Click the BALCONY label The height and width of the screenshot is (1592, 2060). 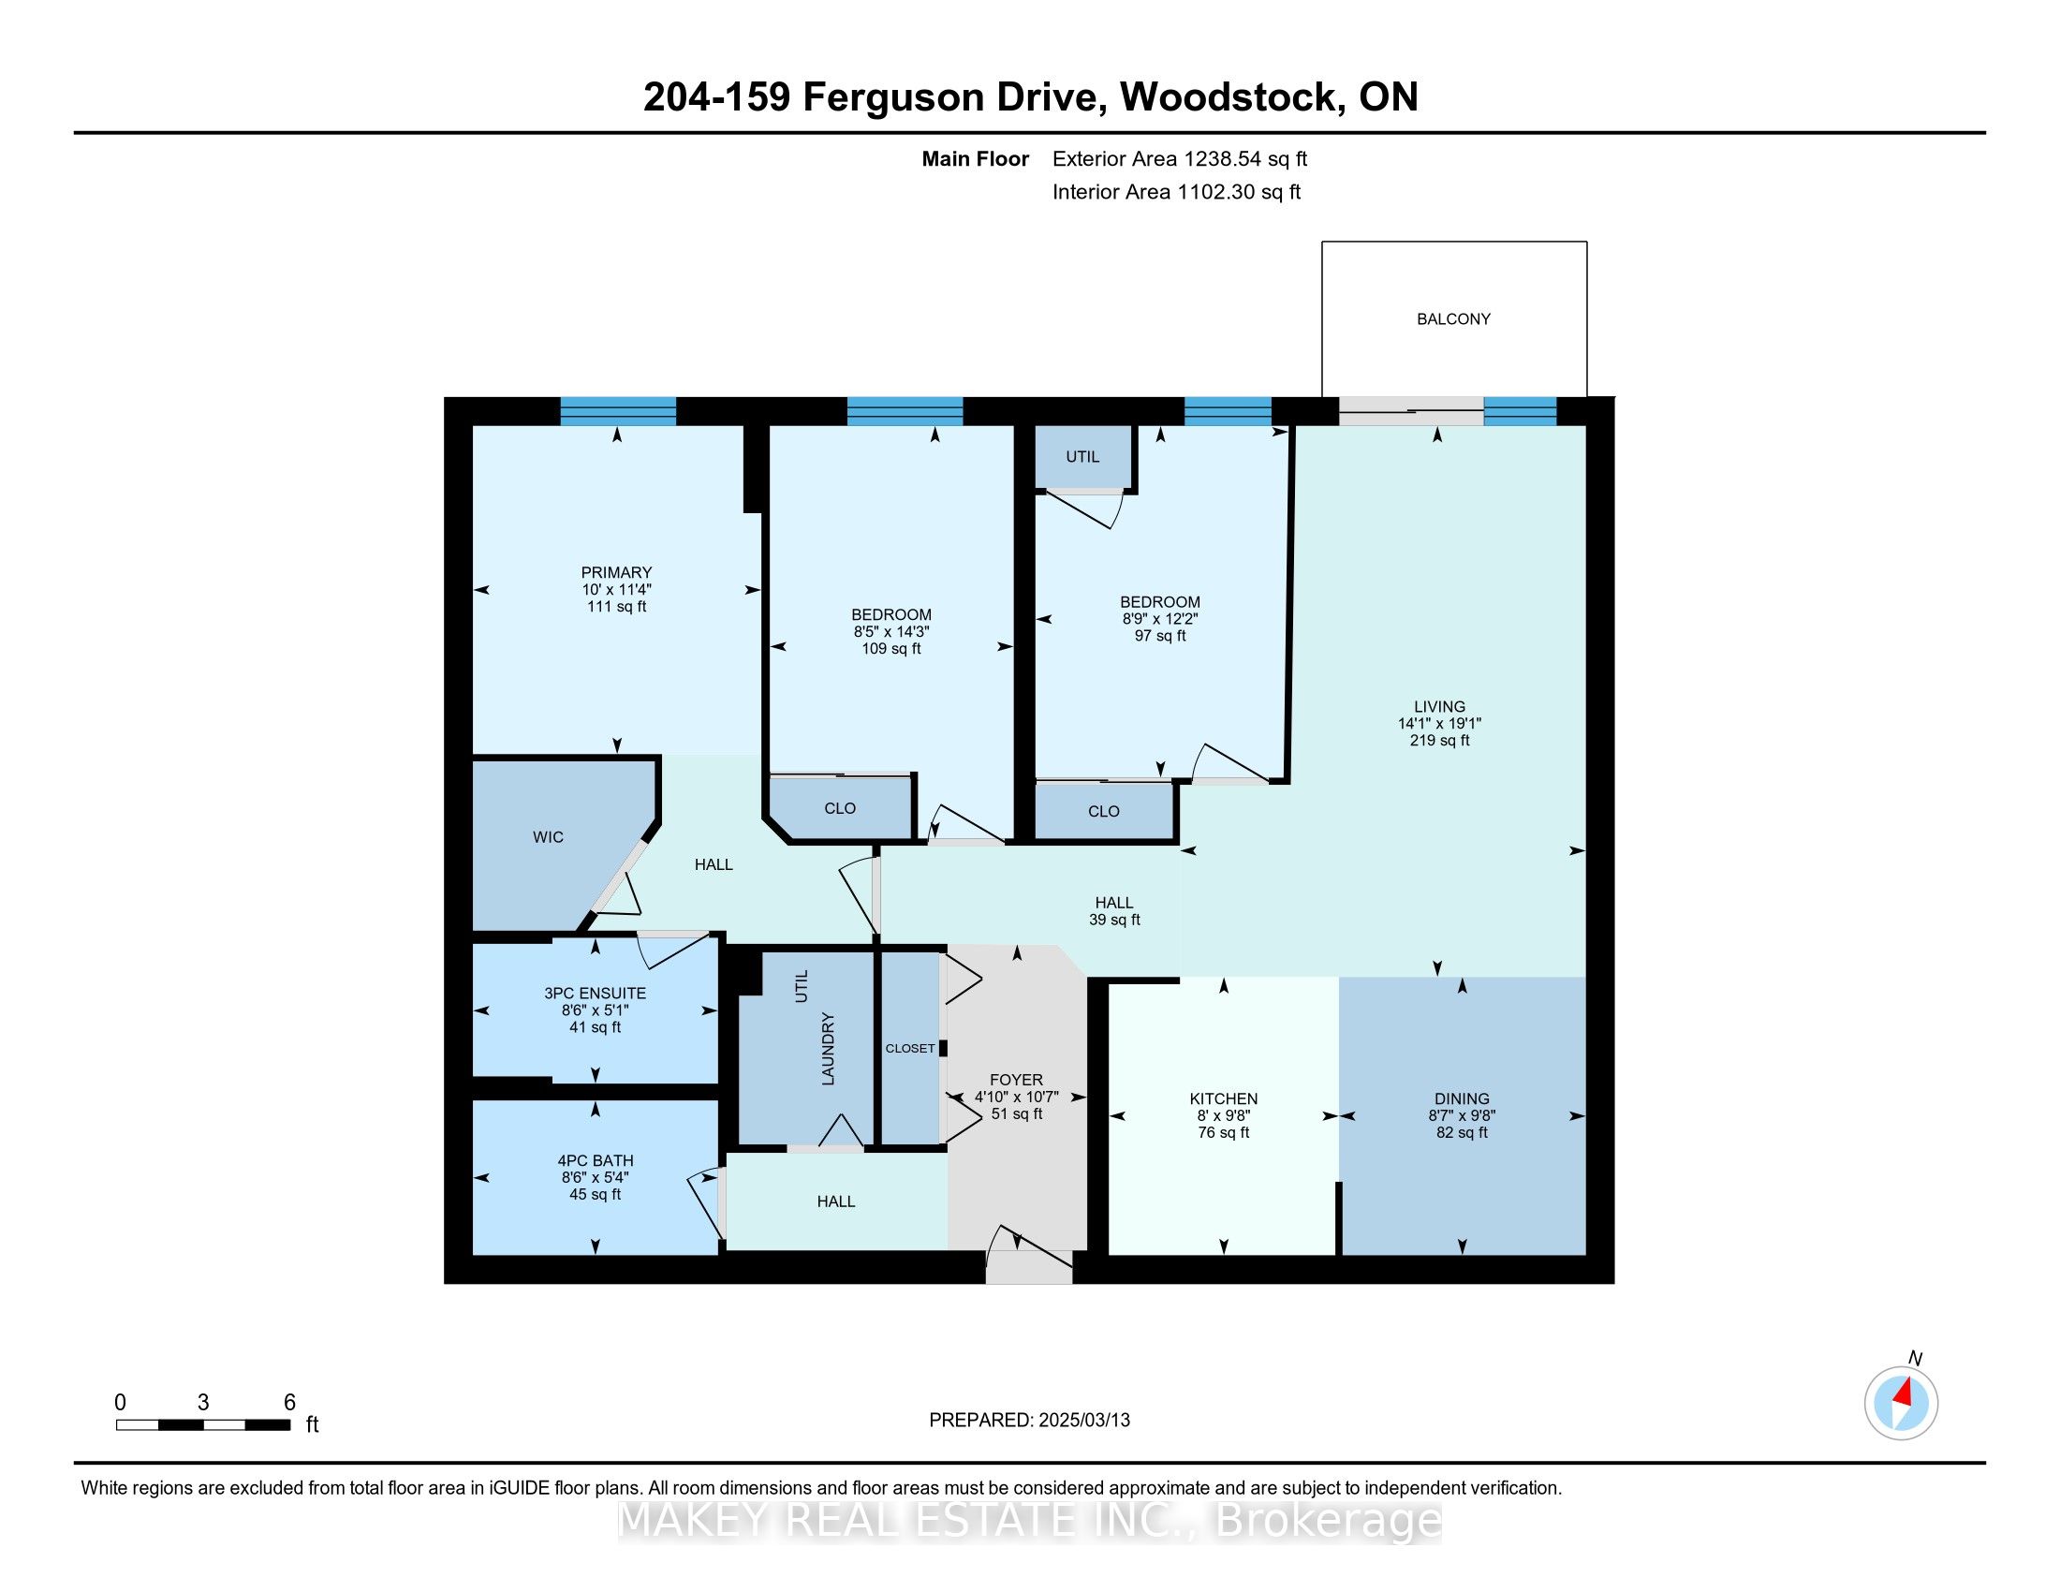[x=1453, y=318]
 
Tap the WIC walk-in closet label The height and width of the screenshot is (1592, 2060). [x=548, y=836]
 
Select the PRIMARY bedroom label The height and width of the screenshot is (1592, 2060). [x=616, y=572]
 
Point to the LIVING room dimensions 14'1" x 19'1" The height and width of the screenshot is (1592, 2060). [x=1439, y=723]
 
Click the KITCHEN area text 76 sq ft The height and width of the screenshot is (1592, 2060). [x=1224, y=1133]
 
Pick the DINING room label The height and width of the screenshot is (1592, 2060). [x=1462, y=1098]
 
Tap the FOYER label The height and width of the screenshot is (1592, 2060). [x=1016, y=1080]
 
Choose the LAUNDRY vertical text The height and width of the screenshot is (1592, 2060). [x=828, y=1048]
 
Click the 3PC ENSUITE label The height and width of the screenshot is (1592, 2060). [x=596, y=993]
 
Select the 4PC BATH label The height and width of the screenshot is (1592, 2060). [x=596, y=1160]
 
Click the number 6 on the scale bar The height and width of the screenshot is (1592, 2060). [x=289, y=1402]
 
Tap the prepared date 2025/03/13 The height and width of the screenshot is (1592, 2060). [x=1082, y=1420]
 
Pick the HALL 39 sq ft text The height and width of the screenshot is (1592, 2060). [x=1114, y=911]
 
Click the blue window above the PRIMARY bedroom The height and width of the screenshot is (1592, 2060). [x=618, y=411]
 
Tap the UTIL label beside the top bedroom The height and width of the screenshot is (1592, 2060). [x=1081, y=456]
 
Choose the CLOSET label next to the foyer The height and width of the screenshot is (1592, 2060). [x=910, y=1048]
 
